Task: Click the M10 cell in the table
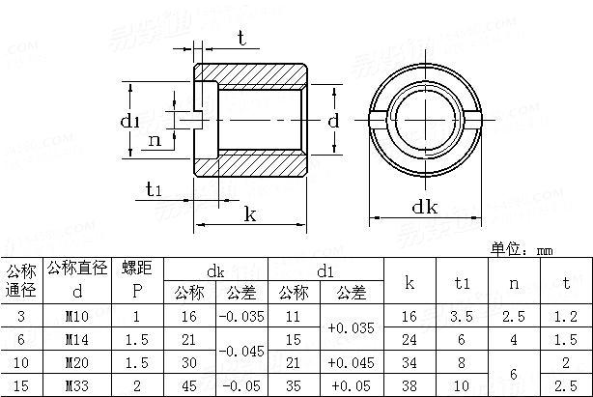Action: coord(78,316)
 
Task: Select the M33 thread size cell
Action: coord(78,385)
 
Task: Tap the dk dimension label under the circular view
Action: coord(426,206)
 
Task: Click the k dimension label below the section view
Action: coord(250,213)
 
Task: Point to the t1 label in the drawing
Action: coord(154,188)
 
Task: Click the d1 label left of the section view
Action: coord(131,121)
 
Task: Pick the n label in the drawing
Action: coord(154,141)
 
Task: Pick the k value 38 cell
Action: coord(409,385)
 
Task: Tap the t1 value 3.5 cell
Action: coord(462,316)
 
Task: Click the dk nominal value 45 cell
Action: coord(188,385)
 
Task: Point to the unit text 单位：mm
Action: coord(522,249)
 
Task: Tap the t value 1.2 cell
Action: coord(567,316)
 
